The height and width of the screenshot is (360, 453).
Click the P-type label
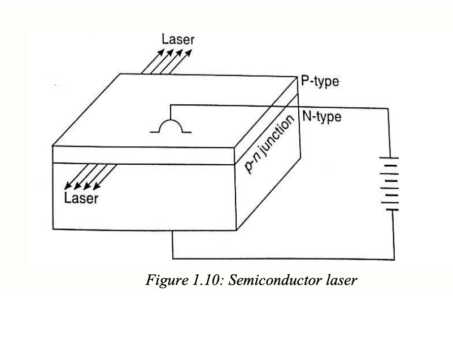320,82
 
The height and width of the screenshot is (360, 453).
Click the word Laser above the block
178,39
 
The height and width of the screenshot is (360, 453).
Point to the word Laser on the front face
81,198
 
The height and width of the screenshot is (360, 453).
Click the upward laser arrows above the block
167,61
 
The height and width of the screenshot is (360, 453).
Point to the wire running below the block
282,259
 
